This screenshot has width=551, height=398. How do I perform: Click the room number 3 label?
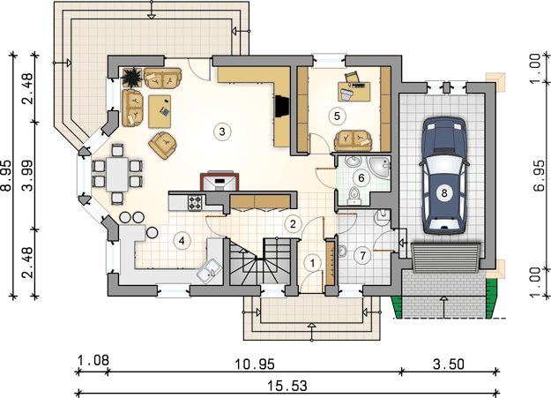[x=222, y=131]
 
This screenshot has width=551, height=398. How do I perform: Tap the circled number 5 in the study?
[x=337, y=116]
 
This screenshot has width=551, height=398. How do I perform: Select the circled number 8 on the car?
[x=444, y=193]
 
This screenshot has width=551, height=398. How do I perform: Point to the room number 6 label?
[x=361, y=177]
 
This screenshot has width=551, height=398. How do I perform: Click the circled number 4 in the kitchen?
[x=182, y=241]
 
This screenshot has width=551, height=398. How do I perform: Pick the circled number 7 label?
[x=363, y=256]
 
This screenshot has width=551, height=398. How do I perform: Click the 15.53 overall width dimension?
[x=287, y=386]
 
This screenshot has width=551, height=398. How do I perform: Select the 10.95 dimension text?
[x=255, y=364]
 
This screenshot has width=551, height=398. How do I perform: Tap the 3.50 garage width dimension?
[x=449, y=364]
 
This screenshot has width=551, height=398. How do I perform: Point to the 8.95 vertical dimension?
[x=6, y=176]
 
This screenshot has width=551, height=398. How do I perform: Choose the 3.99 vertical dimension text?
[x=27, y=176]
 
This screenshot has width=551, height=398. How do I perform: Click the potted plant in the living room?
[x=132, y=77]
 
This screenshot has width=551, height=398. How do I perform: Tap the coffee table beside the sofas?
[x=160, y=111]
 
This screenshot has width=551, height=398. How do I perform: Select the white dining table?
[x=117, y=175]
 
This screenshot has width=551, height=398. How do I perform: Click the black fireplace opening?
[x=282, y=106]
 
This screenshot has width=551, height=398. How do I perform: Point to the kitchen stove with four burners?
[x=195, y=203]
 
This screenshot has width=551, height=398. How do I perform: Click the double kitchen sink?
[x=209, y=270]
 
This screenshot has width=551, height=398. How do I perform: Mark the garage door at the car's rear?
[x=445, y=258]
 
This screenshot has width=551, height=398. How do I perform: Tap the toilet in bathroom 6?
[x=354, y=196]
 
